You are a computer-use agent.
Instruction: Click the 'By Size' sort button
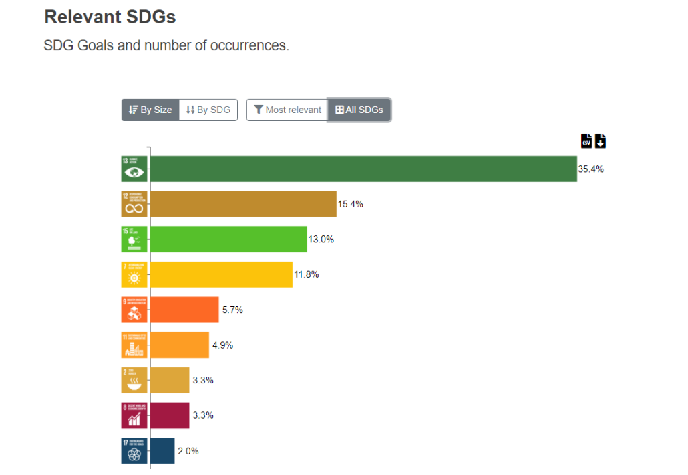pyautogui.click(x=150, y=110)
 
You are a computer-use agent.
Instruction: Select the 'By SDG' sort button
pyautogui.click(x=208, y=110)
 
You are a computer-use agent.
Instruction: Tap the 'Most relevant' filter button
pyautogui.click(x=287, y=110)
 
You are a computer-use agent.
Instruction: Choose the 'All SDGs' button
pyautogui.click(x=359, y=110)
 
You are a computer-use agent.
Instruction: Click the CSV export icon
pyautogui.click(x=586, y=140)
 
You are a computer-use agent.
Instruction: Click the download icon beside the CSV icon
pyautogui.click(x=600, y=140)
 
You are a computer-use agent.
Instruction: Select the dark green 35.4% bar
pyautogui.click(x=363, y=169)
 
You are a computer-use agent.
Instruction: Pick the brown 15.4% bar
pyautogui.click(x=243, y=204)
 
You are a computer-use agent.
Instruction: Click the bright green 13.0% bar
pyautogui.click(x=228, y=239)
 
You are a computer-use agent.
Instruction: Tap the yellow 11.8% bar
pyautogui.click(x=221, y=274)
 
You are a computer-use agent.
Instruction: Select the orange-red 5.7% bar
pyautogui.click(x=184, y=310)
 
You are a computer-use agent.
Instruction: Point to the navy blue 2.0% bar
pyautogui.click(x=162, y=450)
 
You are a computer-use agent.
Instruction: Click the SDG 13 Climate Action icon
pyautogui.click(x=134, y=169)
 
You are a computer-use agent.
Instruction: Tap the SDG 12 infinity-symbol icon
pyautogui.click(x=134, y=204)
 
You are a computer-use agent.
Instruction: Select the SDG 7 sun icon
pyautogui.click(x=134, y=274)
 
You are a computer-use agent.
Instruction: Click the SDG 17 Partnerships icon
pyautogui.click(x=134, y=450)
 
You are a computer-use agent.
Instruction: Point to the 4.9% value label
pyautogui.click(x=222, y=345)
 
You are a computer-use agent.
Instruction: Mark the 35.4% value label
pyautogui.click(x=590, y=169)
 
